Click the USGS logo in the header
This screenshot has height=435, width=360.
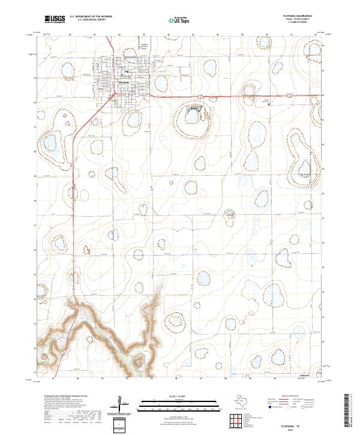point(55,20)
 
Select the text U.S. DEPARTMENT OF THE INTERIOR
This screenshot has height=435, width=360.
point(91,17)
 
